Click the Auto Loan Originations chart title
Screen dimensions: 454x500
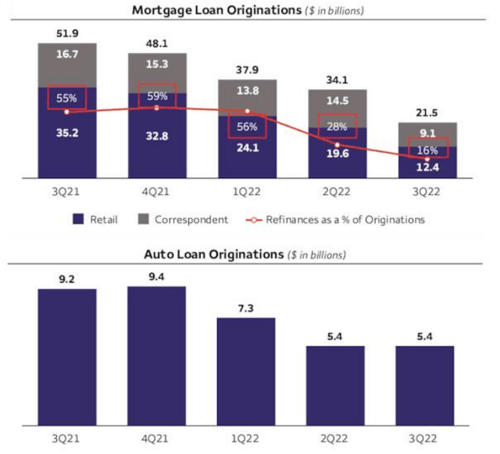pyautogui.click(x=245, y=255)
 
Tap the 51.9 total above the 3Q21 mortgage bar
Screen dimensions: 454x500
pyautogui.click(x=66, y=33)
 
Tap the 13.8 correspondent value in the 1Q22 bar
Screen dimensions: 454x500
pyautogui.click(x=246, y=91)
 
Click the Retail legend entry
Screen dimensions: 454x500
pyautogui.click(x=97, y=220)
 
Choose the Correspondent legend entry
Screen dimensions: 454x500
pyautogui.click(x=183, y=220)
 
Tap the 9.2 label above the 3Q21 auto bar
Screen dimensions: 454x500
pyautogui.click(x=66, y=277)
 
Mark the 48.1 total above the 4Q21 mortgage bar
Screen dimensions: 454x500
pyautogui.click(x=156, y=44)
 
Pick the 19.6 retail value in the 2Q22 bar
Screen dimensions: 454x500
pyautogui.click(x=336, y=154)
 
